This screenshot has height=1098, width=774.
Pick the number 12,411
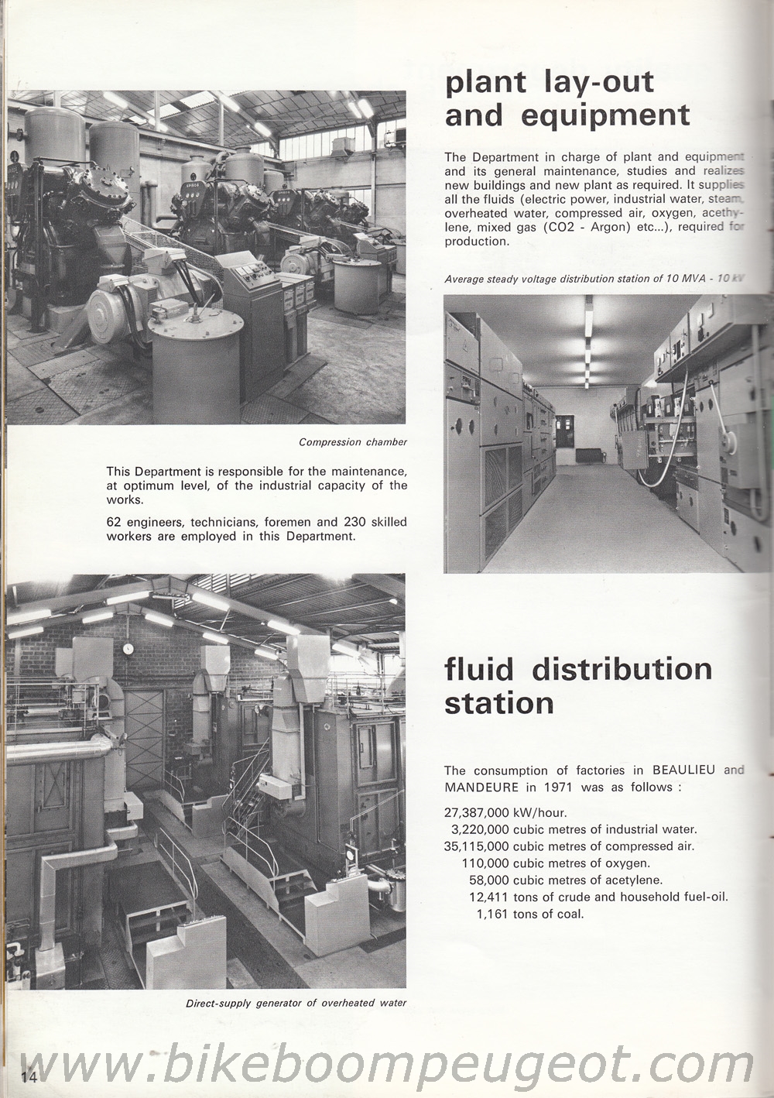click(x=490, y=897)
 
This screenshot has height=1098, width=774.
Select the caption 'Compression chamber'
click(x=352, y=443)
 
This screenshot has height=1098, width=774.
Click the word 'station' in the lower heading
click(x=499, y=703)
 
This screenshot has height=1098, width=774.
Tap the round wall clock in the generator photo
click(x=127, y=648)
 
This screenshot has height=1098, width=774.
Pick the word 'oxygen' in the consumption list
click(x=629, y=863)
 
